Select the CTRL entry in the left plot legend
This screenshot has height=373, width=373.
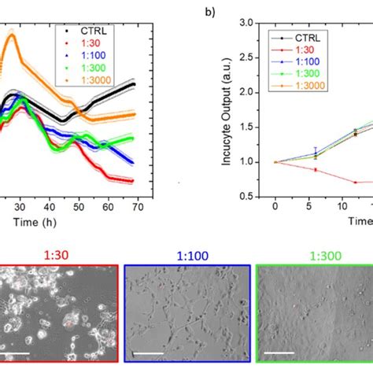83,31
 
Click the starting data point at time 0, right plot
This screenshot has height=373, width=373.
275,162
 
